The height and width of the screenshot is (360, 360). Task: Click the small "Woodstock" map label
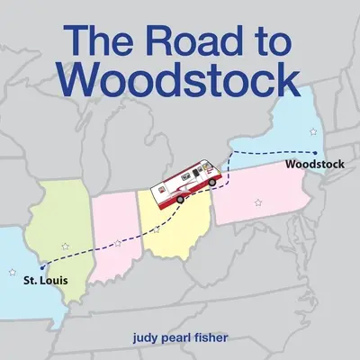[x=312, y=166]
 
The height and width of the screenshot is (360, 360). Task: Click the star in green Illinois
[x=65, y=245]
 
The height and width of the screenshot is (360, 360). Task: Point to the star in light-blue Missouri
[x=12, y=271]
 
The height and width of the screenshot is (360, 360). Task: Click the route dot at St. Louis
[x=41, y=266]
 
